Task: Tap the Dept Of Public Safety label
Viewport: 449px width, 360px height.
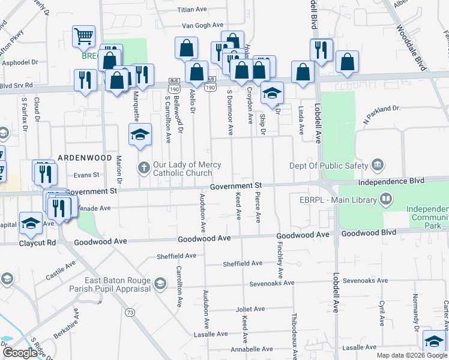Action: click(x=328, y=166)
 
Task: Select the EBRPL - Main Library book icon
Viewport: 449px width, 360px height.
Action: click(x=386, y=199)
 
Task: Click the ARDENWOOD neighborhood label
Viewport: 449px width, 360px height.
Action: click(x=85, y=157)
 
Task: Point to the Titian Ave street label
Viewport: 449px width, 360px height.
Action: click(x=192, y=10)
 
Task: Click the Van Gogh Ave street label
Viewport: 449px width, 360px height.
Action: click(x=203, y=26)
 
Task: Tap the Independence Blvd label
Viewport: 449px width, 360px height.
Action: click(x=391, y=181)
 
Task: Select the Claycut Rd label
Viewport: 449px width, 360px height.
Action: click(x=37, y=243)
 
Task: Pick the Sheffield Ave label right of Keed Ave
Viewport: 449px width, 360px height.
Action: click(x=243, y=263)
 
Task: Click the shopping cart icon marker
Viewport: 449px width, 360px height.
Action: click(x=83, y=35)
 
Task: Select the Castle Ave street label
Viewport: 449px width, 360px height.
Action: click(x=60, y=272)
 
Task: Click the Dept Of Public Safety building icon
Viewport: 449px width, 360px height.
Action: click(x=378, y=164)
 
